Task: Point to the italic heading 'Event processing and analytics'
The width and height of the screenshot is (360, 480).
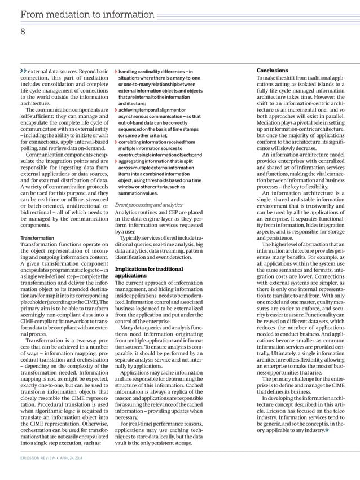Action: [150, 205]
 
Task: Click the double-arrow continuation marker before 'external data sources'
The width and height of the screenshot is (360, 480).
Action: [23, 71]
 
